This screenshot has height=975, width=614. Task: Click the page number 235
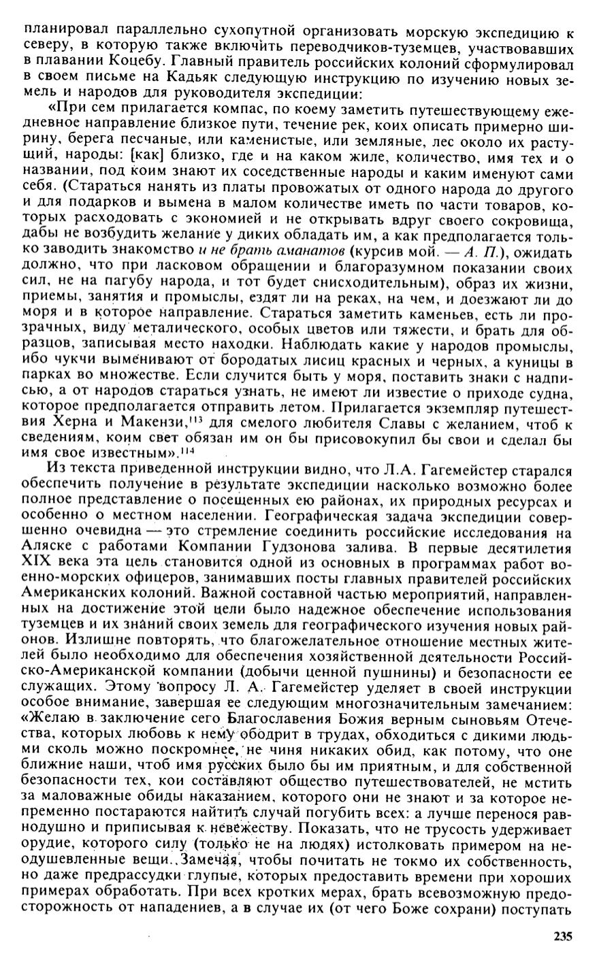point(562,936)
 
